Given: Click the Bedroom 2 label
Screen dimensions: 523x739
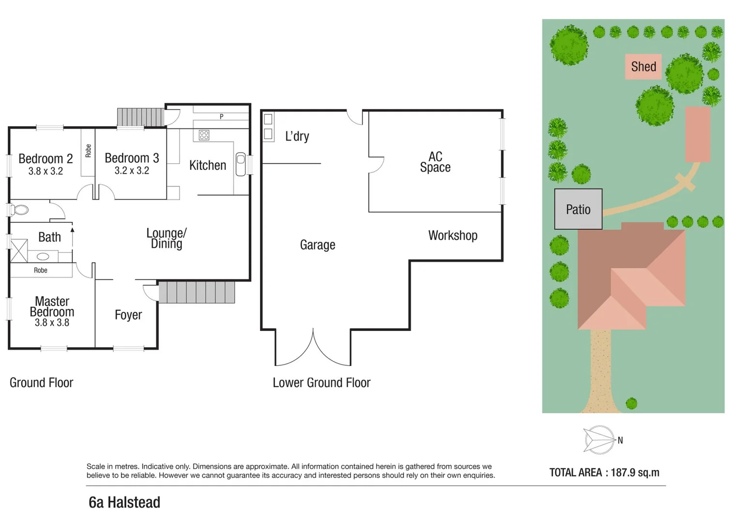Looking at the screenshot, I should coord(45,158).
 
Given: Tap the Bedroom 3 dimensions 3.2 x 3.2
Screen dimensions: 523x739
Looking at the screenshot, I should coord(132,170).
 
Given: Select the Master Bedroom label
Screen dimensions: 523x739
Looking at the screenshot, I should coord(52,307).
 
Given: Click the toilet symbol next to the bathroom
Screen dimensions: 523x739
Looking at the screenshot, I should coord(19,210).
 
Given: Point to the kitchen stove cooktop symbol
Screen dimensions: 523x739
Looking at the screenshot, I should coord(204,135).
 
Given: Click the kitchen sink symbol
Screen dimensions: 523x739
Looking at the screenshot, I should coord(241,164).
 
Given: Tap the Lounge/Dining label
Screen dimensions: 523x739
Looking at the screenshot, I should coord(166,238).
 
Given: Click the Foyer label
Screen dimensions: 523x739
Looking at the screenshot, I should coord(128,315).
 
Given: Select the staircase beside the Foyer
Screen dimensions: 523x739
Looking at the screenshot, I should coord(196,292).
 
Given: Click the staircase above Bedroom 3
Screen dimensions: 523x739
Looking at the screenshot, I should coord(140,117).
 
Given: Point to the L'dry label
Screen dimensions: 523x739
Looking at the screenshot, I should coord(297,137).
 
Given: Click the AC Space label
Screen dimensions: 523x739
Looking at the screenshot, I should coord(435,162).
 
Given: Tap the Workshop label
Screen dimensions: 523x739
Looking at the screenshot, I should coord(452,235).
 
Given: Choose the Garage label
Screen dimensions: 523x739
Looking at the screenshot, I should coord(317,245).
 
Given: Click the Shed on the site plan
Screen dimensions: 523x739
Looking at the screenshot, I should coord(643,67).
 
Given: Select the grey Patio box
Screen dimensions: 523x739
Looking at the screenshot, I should coord(578,209).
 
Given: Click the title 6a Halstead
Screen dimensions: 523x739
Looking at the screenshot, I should coord(124,503).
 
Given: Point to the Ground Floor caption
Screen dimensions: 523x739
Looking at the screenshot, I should coord(42,383).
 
